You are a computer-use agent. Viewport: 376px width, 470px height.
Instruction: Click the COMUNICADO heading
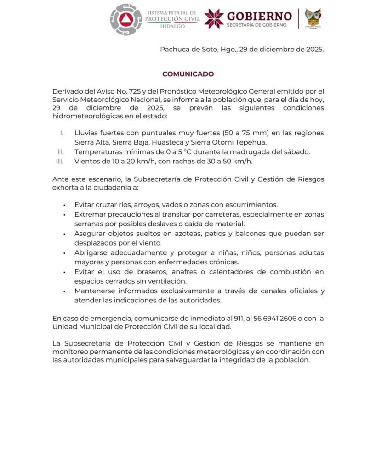pos(188,74)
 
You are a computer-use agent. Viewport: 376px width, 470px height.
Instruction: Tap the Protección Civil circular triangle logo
pos(126,19)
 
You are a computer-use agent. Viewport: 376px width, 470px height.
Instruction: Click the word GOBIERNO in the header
pos(259,16)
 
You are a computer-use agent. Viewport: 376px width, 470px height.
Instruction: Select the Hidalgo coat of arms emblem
pos(313,18)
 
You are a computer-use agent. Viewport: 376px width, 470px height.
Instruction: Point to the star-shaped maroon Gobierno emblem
pos(214,18)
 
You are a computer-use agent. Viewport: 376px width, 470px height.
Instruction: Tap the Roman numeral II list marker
pos(60,152)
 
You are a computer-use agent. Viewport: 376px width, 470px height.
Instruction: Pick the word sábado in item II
pos(297,152)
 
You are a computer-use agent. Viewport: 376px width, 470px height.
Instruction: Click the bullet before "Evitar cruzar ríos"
pos(64,205)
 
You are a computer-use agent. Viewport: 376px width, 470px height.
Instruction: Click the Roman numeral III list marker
pos(59,161)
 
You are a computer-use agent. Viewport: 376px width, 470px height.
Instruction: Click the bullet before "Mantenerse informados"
pos(64,291)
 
